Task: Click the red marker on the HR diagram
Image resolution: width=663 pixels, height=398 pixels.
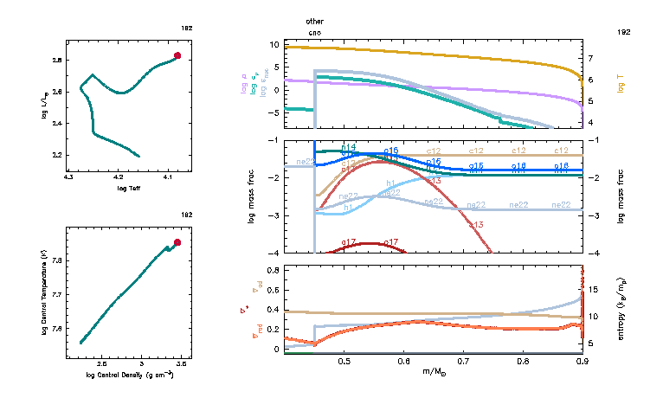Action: [x=177, y=55]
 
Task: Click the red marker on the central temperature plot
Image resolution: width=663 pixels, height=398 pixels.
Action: [x=177, y=243]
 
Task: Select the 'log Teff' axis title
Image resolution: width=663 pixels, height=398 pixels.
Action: [x=129, y=188]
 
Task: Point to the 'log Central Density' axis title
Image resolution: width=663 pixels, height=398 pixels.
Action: [x=130, y=375]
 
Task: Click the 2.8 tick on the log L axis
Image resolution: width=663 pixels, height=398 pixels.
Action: [x=56, y=61]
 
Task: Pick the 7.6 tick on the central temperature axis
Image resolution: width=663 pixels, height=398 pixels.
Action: [x=56, y=329]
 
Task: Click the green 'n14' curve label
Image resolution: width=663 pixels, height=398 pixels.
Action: [x=349, y=148]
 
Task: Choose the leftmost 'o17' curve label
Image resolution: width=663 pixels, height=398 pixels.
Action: [x=350, y=242]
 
